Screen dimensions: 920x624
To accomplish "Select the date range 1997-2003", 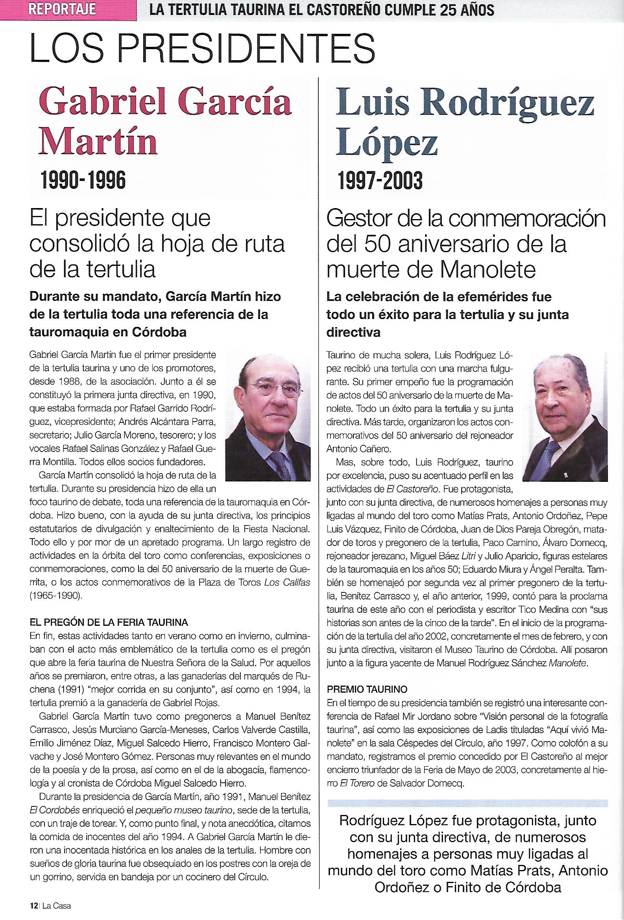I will coord(380,181).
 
